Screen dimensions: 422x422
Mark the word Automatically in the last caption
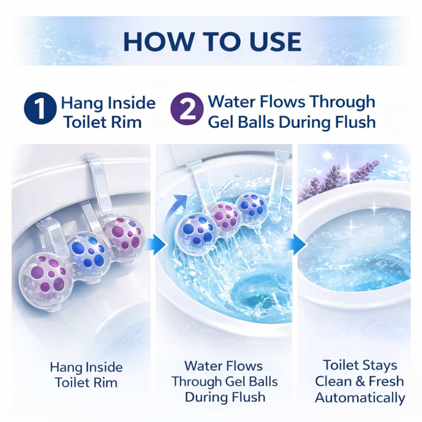click(x=359, y=398)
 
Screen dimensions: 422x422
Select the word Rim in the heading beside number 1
click(x=129, y=122)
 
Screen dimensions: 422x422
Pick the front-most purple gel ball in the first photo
click(x=46, y=275)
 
